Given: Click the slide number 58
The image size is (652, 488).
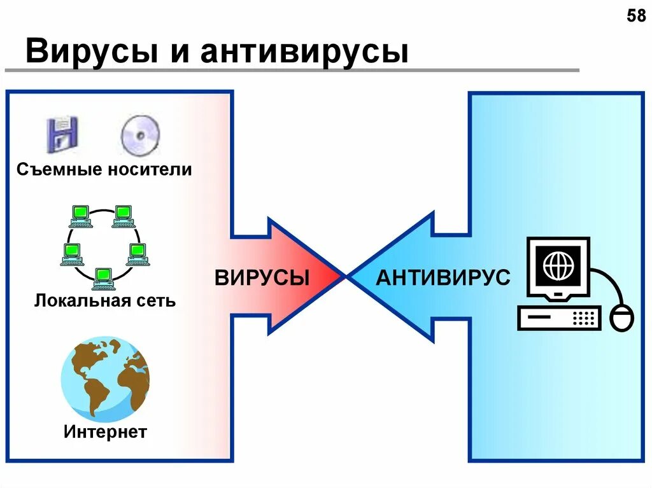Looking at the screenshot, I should click(636, 16).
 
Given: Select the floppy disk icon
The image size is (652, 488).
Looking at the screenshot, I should click(62, 134).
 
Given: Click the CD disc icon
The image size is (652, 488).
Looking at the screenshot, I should click(141, 135).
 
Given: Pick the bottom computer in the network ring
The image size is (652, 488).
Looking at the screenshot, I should click(102, 277).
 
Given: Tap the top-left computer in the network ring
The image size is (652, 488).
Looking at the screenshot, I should click(80, 216).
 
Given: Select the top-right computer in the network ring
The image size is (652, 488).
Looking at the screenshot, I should click(123, 216).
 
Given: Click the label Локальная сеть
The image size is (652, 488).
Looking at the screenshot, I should click(105, 300).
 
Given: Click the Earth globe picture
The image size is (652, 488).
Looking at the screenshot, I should click(105, 379).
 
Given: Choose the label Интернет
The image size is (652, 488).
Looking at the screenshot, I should click(105, 433).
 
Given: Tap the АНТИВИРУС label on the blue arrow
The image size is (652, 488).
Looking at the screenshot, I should click(443, 278).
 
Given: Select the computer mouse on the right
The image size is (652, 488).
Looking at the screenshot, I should click(622, 317).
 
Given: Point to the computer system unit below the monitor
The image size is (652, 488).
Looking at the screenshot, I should click(559, 317).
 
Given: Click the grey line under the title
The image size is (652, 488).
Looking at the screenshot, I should click(293, 69).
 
